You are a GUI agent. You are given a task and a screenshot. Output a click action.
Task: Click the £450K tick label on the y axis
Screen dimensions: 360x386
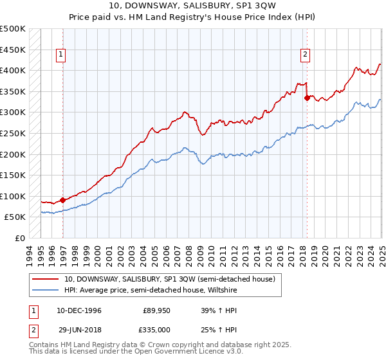(x=13, y=50)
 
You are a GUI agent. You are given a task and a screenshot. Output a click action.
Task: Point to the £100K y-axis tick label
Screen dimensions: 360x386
(x=13, y=196)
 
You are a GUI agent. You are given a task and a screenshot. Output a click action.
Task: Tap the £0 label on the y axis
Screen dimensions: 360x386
(x=19, y=238)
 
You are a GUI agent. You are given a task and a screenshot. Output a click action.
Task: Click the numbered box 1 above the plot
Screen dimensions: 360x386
(x=60, y=55)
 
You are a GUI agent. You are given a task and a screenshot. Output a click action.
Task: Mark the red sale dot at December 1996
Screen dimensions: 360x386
(x=63, y=200)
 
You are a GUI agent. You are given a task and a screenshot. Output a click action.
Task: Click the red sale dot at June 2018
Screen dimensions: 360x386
(x=307, y=97)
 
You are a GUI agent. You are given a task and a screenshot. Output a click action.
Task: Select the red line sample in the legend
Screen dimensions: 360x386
(x=46, y=279)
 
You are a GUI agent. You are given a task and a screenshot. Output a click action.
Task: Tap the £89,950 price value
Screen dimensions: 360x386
(x=156, y=310)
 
